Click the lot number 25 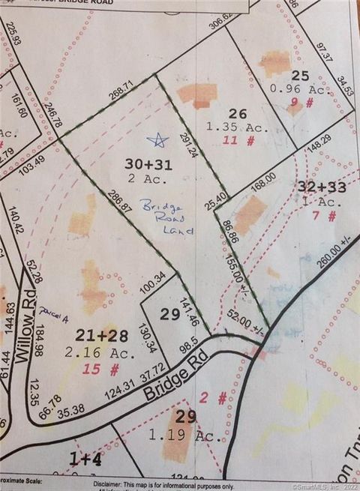[x=299, y=75]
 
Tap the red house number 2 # [x=223, y=399]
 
